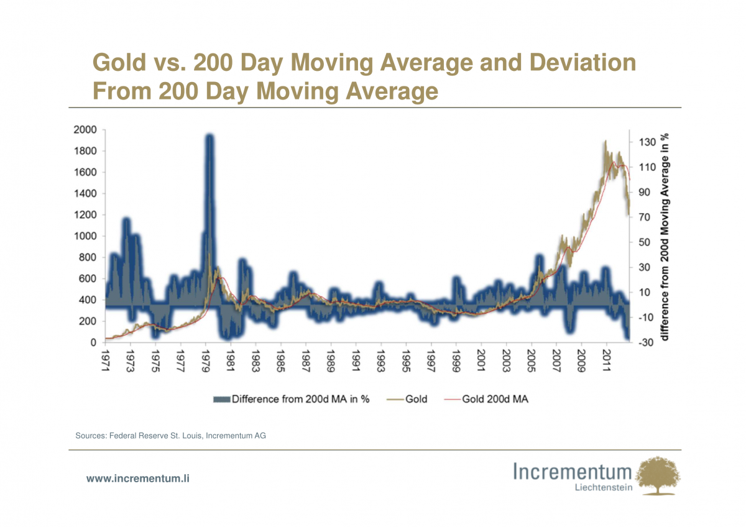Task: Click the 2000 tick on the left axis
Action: [85, 130]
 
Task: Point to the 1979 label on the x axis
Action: [205, 362]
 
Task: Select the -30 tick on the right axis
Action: [644, 342]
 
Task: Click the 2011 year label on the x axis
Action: [606, 362]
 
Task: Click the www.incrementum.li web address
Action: [137, 479]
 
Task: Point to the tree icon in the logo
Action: [659, 475]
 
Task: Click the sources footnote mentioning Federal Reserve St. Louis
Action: [170, 436]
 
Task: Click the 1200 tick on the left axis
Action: [85, 215]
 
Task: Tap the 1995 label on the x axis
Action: [405, 362]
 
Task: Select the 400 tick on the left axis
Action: [87, 300]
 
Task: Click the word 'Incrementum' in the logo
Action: [573, 471]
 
